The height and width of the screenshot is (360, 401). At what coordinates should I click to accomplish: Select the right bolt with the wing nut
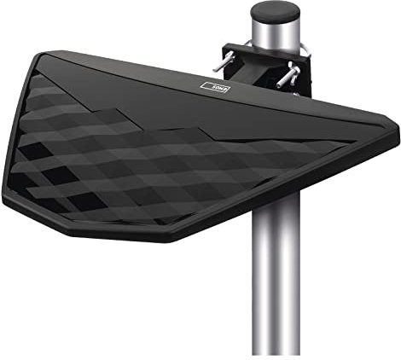tap(288, 76)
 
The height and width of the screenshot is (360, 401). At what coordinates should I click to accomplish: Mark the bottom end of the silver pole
tap(276, 351)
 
